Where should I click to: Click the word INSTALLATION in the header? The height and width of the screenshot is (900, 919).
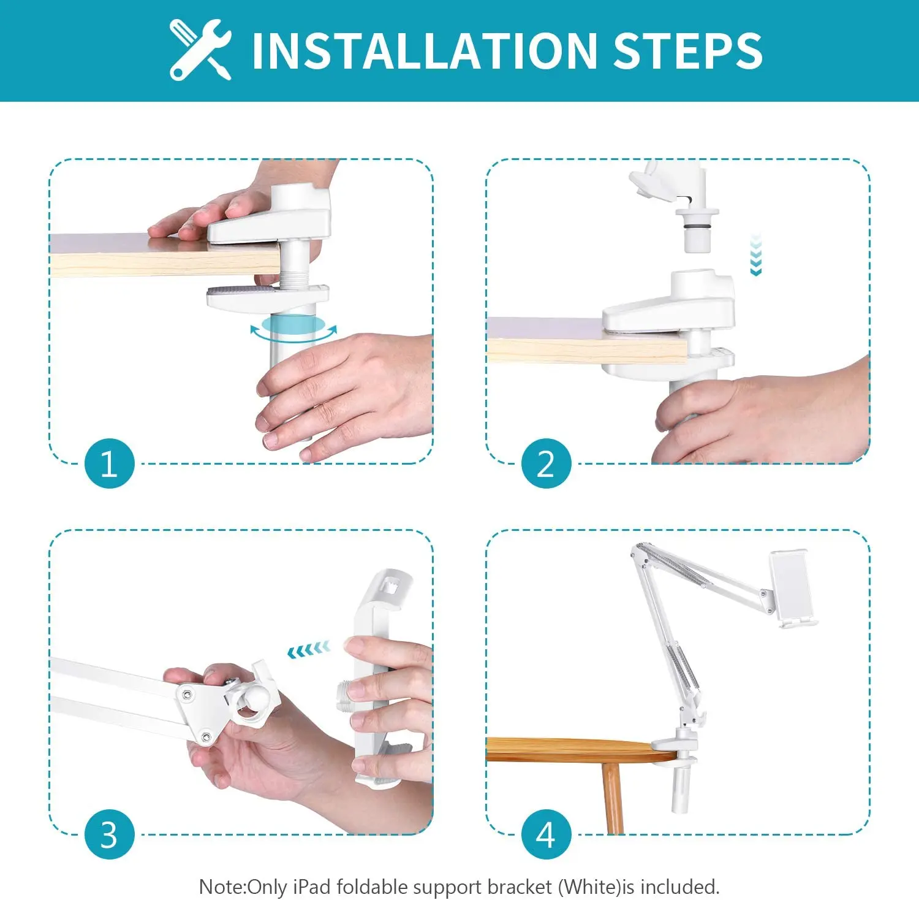[425, 50]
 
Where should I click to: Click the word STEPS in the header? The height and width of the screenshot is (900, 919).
[687, 50]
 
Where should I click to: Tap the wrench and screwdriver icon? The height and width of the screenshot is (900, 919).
[200, 50]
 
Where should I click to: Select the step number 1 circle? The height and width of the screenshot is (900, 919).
[109, 463]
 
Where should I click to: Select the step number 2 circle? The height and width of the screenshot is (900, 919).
[546, 463]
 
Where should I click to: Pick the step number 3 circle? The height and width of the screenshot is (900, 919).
[109, 834]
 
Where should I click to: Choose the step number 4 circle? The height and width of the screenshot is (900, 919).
[546, 834]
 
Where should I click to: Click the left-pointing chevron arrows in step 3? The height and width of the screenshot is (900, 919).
[309, 650]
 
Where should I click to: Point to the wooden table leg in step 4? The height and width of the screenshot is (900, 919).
[612, 797]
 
